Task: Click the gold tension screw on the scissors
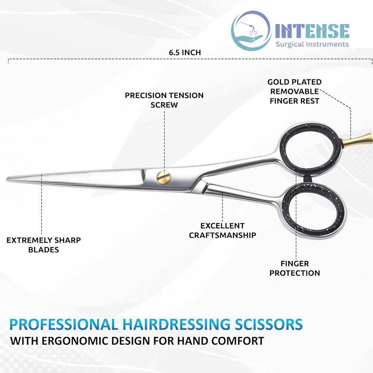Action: click(164, 178)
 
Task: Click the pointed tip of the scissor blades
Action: click(7, 179)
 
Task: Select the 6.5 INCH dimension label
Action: click(185, 52)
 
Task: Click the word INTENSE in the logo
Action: click(312, 31)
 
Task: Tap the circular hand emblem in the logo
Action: click(251, 31)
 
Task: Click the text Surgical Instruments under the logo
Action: click(312, 44)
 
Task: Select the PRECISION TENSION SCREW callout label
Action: click(164, 100)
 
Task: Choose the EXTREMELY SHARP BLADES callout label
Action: click(44, 245)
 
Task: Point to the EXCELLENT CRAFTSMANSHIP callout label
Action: click(222, 230)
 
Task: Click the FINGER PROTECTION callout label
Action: click(295, 268)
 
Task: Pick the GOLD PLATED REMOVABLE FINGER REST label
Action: click(295, 91)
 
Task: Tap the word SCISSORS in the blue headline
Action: click(269, 325)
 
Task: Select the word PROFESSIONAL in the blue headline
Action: click(63, 325)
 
